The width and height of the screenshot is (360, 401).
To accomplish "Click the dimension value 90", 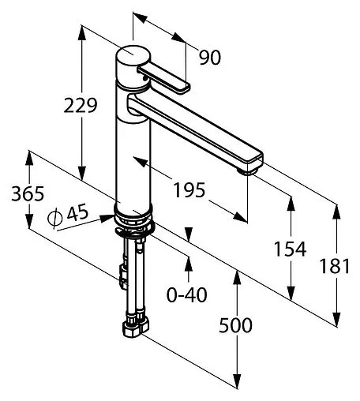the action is [210, 58].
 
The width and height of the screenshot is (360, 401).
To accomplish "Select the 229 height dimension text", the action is [81, 106].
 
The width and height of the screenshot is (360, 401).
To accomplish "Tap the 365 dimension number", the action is [28, 194].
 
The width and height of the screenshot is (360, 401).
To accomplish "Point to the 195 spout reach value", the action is [189, 190].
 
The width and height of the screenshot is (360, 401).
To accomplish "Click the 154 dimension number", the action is [291, 249].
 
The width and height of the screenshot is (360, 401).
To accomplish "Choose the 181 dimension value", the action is [335, 266].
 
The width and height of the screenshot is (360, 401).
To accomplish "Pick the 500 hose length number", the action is [235, 325].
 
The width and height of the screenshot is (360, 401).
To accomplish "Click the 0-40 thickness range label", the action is [187, 294].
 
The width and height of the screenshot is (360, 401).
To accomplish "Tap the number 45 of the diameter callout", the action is [77, 212].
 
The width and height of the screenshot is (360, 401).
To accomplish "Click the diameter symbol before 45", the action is [54, 218].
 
